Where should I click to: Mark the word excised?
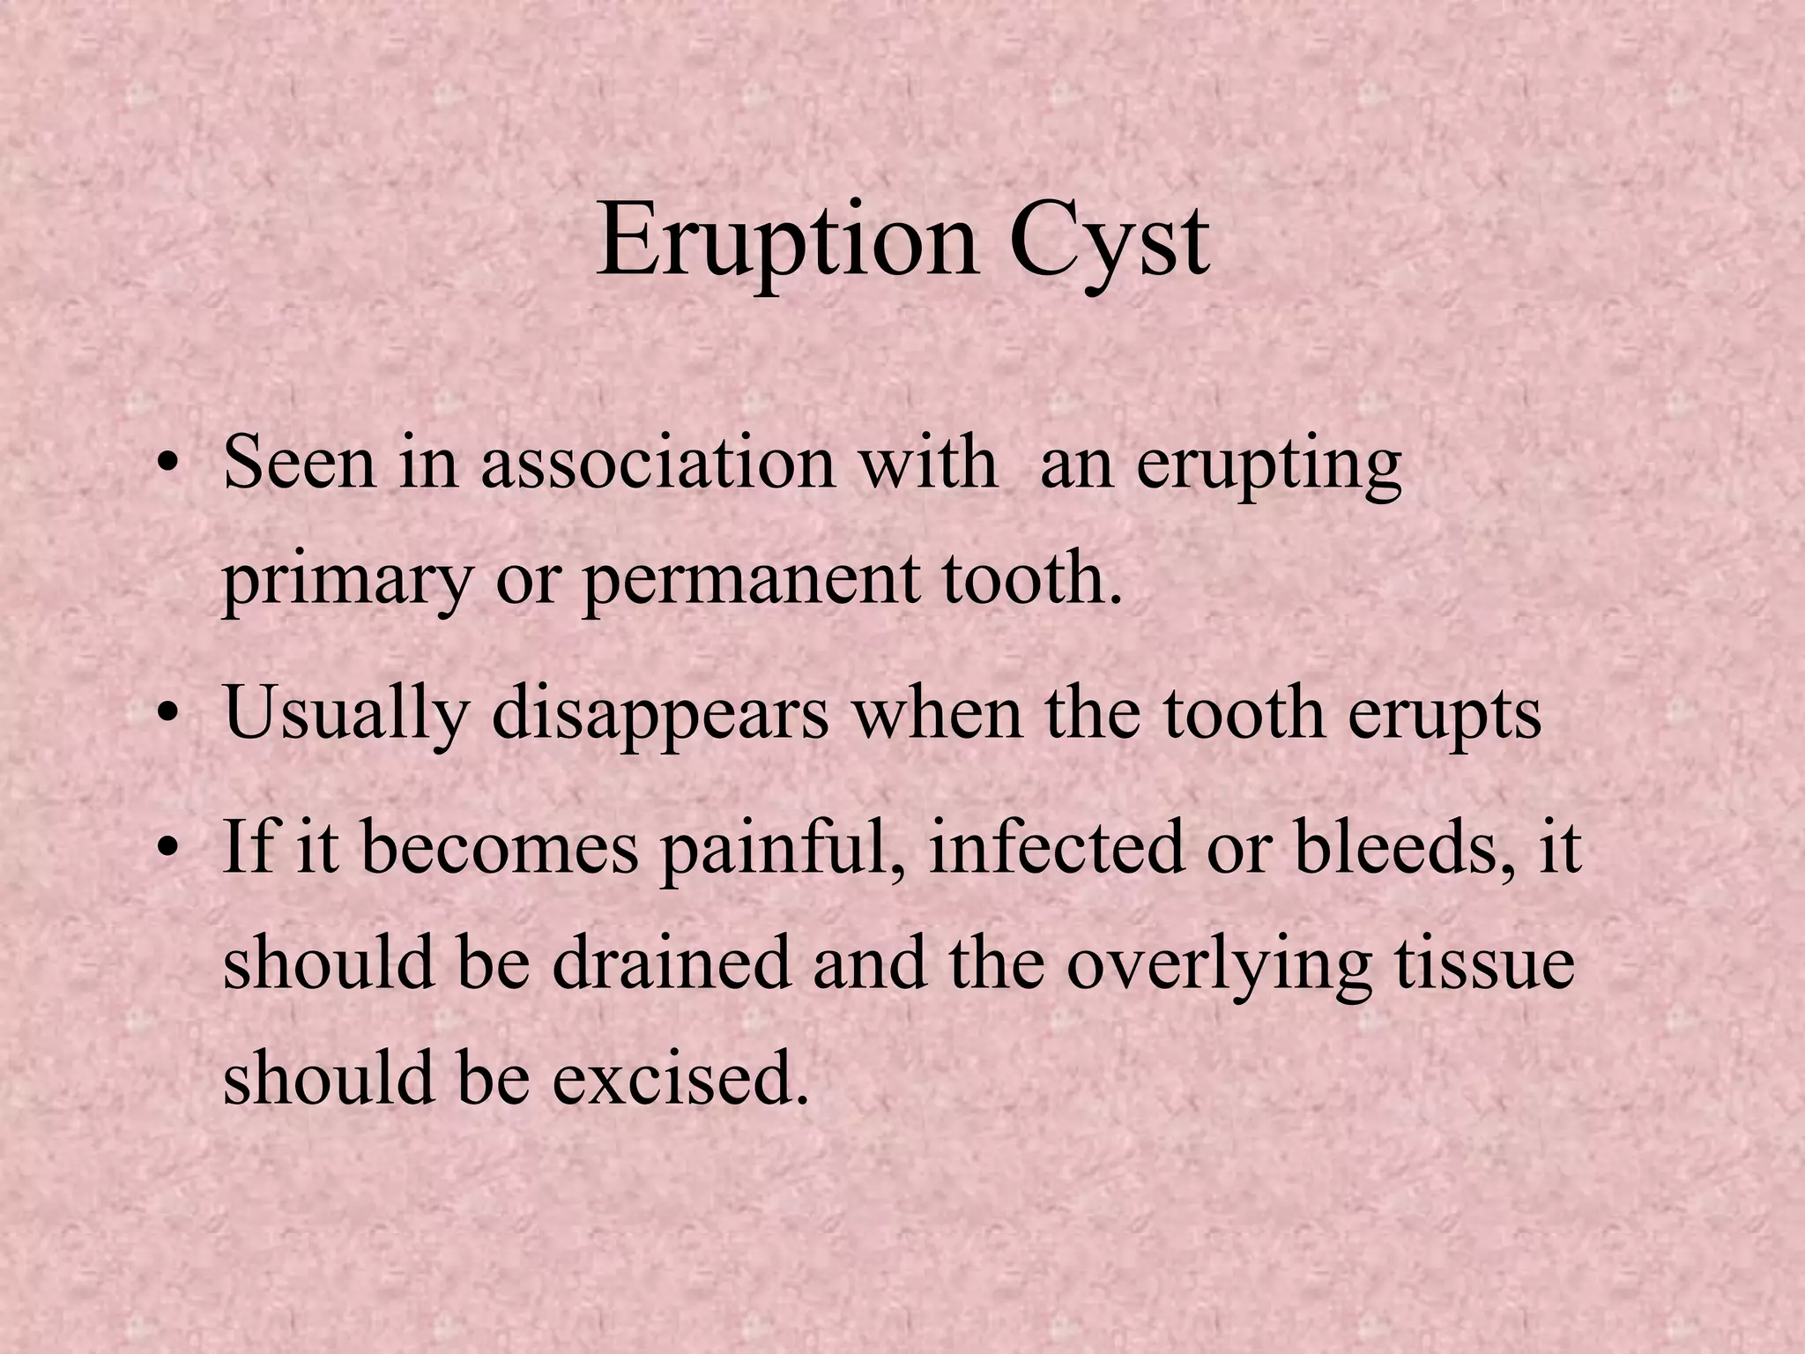tap(680, 1079)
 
